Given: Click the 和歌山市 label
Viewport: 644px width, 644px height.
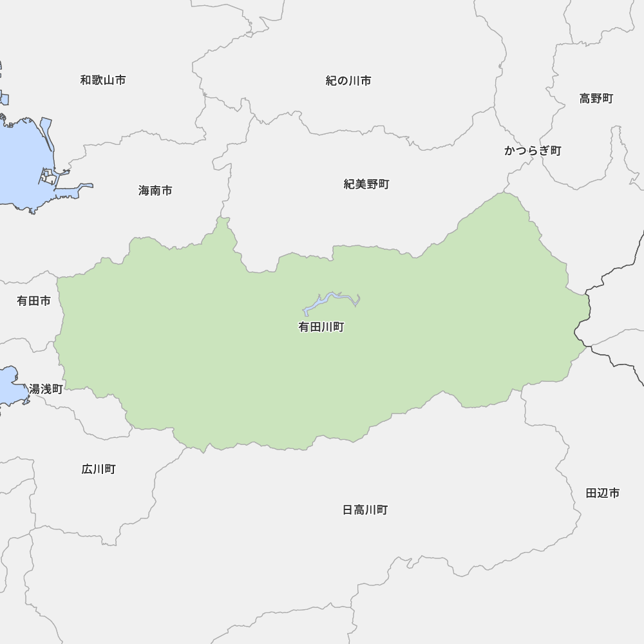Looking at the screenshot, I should [x=103, y=80].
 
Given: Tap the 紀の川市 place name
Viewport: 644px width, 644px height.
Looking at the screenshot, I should [x=348, y=81].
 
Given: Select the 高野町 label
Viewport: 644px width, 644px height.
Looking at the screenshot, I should [x=596, y=99].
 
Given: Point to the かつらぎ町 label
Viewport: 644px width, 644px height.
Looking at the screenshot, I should [x=533, y=151].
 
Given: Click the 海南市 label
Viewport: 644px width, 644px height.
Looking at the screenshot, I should [x=155, y=191].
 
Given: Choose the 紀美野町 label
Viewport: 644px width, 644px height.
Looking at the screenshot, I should [x=366, y=184].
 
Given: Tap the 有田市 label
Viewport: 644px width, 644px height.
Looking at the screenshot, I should [x=33, y=301].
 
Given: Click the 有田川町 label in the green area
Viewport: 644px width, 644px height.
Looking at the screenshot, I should [x=321, y=327].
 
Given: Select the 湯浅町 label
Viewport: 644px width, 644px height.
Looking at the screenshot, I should [x=46, y=389].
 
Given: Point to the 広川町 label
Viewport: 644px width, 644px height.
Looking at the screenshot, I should [x=99, y=469].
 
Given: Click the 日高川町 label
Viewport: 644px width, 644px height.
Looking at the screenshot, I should [x=365, y=510].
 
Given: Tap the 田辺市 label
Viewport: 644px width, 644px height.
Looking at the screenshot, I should [x=603, y=493].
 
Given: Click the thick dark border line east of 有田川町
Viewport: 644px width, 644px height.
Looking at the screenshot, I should [x=602, y=284].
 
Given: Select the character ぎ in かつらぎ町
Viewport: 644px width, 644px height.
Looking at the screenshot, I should [x=544, y=151].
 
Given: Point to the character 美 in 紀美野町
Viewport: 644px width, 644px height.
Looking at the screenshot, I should [x=361, y=184].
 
